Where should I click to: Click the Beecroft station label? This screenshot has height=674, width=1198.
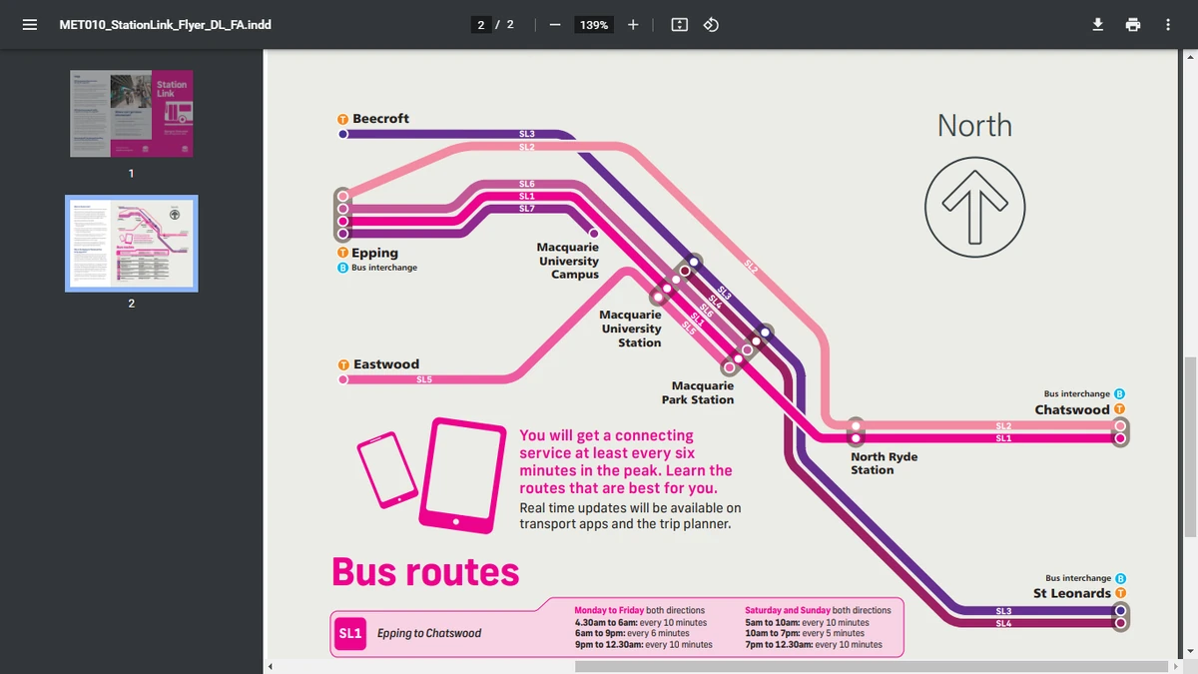pos(380,119)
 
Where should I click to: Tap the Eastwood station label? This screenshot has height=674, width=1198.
pos(385,364)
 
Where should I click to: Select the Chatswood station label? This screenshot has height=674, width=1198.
pos(1072,409)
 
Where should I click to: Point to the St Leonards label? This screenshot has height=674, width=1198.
pos(1072,593)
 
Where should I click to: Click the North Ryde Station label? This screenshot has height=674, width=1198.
pos(884,463)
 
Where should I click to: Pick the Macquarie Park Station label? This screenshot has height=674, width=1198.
pos(698,392)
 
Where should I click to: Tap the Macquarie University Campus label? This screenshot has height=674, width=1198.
pos(569,261)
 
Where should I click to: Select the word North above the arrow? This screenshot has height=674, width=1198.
pos(974,126)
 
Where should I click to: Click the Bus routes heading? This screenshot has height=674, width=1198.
pos(425,572)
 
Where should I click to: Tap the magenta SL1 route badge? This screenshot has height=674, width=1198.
pos(349,633)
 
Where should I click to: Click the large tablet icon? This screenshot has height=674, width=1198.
pos(462,475)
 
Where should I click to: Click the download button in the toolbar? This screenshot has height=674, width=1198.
pos(1097,24)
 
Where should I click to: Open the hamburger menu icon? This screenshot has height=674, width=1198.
pos(30,24)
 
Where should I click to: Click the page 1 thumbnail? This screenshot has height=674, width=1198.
pos(131,113)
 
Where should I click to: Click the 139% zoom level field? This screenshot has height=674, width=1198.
pos(594,24)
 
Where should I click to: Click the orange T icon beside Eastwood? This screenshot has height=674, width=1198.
pos(343,364)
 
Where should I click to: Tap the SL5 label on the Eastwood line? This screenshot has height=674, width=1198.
pos(424,379)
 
